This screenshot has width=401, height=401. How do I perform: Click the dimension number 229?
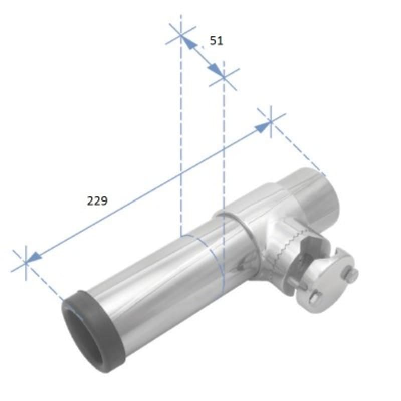pos(97,201)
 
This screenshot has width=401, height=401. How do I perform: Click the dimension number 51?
pos(216,41)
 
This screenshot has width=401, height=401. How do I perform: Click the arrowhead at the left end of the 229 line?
pos(33,258)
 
